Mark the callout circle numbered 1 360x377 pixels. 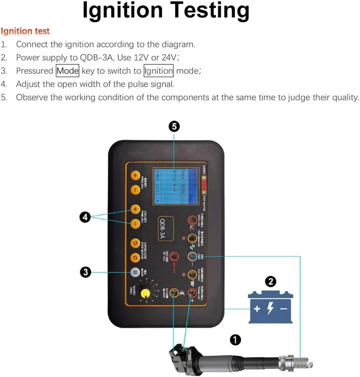tap(235, 340)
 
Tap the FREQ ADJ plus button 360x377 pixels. tap(135, 176)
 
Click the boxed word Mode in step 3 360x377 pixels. tap(68, 71)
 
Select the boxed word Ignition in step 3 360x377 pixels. tap(158, 71)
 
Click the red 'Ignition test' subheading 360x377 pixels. tap(26, 31)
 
